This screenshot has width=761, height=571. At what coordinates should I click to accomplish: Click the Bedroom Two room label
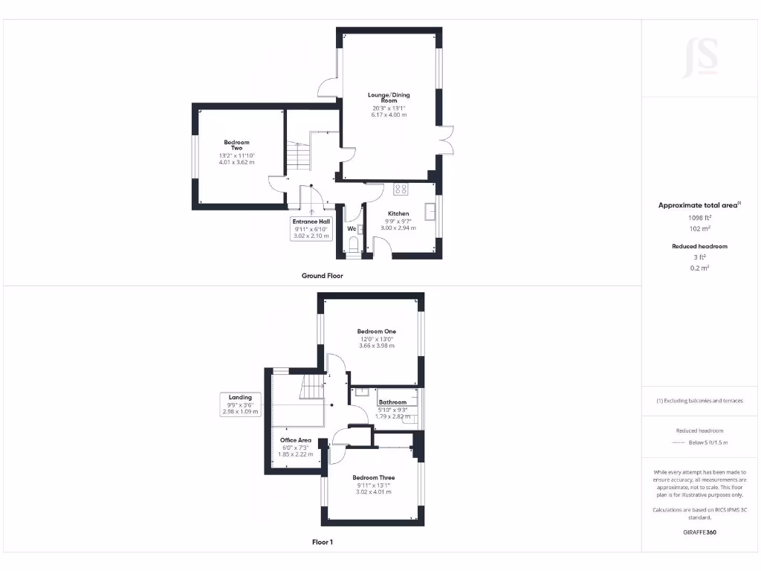tap(236, 145)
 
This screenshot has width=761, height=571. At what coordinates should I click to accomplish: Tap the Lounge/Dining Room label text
tap(389, 97)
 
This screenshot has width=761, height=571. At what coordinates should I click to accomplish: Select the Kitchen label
tap(398, 213)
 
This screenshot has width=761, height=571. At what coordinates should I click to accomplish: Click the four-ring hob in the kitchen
tap(401, 189)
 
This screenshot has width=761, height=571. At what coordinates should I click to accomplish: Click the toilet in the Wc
tap(354, 245)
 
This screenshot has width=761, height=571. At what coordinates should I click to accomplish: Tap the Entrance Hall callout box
tap(311, 228)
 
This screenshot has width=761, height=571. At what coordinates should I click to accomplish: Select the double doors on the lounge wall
tap(446, 142)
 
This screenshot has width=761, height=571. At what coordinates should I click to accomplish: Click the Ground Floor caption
tap(322, 276)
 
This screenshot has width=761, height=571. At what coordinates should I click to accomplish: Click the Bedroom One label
tap(376, 332)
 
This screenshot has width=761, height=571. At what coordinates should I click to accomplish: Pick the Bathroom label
tap(392, 402)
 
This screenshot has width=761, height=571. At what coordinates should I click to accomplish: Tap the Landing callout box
tap(240, 404)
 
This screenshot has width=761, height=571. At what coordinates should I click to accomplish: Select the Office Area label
tap(295, 440)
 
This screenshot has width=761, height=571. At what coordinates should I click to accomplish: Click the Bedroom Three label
tap(374, 477)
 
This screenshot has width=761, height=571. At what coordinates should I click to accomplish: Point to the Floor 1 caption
tap(322, 543)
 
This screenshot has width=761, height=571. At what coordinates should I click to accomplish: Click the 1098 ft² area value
tap(702, 218)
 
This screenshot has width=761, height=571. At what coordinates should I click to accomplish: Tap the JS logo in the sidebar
tap(701, 58)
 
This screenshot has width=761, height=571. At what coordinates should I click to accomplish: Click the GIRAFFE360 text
tap(701, 532)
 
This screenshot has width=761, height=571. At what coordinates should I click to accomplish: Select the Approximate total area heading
tap(699, 205)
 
